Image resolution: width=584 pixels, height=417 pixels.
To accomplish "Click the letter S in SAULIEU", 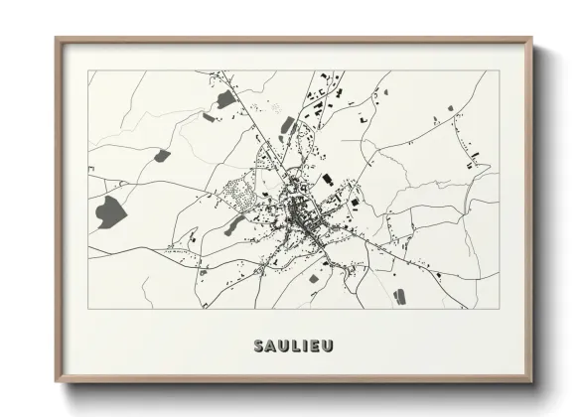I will click(260, 346).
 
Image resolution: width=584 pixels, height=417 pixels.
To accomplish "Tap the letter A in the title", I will click(272, 346).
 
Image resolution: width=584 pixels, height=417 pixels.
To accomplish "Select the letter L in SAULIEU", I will click(296, 346).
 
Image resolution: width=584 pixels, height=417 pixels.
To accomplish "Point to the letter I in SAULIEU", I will click(305, 346).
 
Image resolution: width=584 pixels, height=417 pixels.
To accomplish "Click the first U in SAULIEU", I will click(284, 346).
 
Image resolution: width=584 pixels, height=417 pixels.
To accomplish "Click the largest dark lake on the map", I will click(107, 208).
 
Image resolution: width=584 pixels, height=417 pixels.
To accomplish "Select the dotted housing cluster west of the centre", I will click(238, 191).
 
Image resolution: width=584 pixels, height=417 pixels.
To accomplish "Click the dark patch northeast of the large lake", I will click(162, 154).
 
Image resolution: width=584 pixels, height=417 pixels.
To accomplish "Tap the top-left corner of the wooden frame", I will click(57, 39).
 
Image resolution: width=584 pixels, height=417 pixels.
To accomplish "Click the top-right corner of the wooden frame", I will click(532, 39).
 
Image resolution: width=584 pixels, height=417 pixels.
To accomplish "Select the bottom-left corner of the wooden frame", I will click(57, 382).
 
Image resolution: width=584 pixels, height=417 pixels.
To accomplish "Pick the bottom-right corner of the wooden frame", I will click(532, 382).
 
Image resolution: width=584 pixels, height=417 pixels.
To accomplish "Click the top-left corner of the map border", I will click(88, 70).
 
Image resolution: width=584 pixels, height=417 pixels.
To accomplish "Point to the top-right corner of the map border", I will click(500, 70).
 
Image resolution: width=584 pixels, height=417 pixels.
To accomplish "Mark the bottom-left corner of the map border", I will click(88, 309).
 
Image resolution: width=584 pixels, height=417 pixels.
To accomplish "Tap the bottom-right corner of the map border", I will click(500, 309).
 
